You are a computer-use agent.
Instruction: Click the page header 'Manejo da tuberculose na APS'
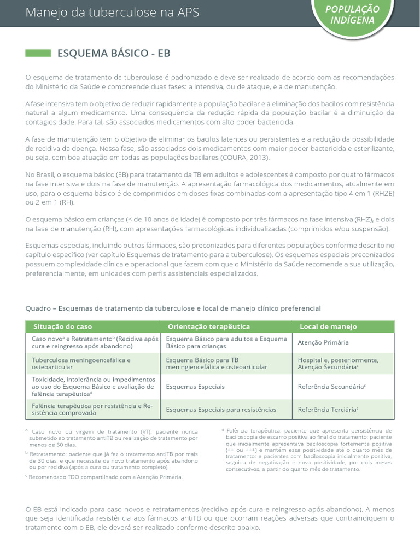point(112,13)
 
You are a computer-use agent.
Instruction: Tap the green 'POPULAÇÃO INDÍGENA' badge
point(360,15)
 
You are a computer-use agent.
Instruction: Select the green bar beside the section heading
point(38,53)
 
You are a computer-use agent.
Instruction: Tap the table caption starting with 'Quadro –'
point(173,308)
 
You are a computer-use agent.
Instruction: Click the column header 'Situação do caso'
point(63,326)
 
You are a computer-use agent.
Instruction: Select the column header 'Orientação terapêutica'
point(209,326)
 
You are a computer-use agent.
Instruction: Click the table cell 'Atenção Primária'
point(323,342)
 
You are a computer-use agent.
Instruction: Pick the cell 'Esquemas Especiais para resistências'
point(221,409)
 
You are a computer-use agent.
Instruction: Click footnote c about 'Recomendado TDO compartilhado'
point(104,477)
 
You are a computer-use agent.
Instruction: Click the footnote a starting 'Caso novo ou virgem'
point(112,438)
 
